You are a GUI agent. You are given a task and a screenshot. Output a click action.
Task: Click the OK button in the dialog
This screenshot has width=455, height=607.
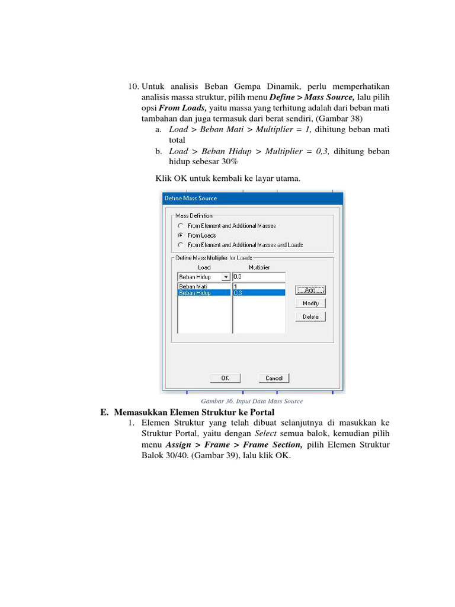tap(225, 378)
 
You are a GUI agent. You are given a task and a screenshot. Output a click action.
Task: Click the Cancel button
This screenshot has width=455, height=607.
tap(274, 378)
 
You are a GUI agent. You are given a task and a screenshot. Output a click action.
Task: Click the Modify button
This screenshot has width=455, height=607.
tap(310, 303)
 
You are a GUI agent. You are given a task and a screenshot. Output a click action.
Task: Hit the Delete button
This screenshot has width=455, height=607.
tap(310, 317)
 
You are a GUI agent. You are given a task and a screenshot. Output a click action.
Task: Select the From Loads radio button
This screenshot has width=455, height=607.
tap(180, 235)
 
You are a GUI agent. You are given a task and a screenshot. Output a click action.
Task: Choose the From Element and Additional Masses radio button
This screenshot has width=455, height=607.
tap(180, 226)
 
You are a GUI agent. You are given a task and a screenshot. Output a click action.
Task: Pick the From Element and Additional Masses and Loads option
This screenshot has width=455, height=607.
tap(180, 245)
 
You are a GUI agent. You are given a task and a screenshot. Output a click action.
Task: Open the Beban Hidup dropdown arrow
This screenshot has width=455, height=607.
tap(225, 277)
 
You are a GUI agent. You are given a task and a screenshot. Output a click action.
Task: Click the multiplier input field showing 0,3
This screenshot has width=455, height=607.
tap(259, 277)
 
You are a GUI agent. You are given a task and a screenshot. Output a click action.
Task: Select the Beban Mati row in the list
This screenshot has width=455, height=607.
tap(203, 286)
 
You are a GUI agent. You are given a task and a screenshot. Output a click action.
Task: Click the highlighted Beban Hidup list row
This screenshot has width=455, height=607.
tap(203, 293)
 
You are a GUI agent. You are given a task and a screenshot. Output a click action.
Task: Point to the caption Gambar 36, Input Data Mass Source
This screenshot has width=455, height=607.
tap(252, 401)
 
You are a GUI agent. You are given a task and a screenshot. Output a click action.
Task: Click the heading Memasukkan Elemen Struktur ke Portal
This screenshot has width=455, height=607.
tap(194, 412)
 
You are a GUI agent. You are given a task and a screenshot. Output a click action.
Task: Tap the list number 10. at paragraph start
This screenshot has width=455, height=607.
tap(133, 87)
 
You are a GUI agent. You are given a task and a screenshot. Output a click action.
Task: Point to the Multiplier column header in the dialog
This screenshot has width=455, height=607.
tap(259, 267)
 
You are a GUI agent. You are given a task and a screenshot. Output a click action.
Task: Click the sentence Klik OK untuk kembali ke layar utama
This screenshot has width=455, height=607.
tap(227, 178)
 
